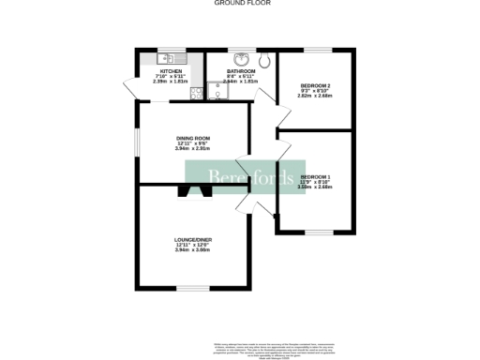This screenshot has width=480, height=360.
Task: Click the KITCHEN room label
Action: coord(171,71)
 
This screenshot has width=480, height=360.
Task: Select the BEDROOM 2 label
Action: coord(314,86)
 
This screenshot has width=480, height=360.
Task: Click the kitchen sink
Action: coord(174,59)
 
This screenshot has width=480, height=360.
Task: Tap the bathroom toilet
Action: coord(267,60)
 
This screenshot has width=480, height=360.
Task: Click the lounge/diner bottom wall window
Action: coord(192,287)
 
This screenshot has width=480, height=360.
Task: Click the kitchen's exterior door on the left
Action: coord(135,89)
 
